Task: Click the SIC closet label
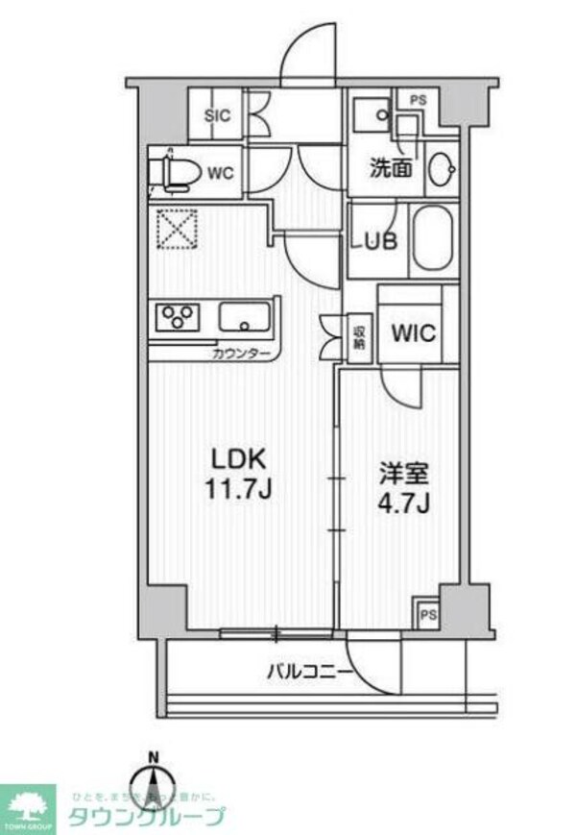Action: click(219, 116)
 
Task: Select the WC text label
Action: click(221, 174)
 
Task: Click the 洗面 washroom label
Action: click(392, 167)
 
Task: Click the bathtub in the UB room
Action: click(432, 238)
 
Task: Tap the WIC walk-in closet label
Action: click(413, 333)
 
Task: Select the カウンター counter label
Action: click(243, 354)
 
